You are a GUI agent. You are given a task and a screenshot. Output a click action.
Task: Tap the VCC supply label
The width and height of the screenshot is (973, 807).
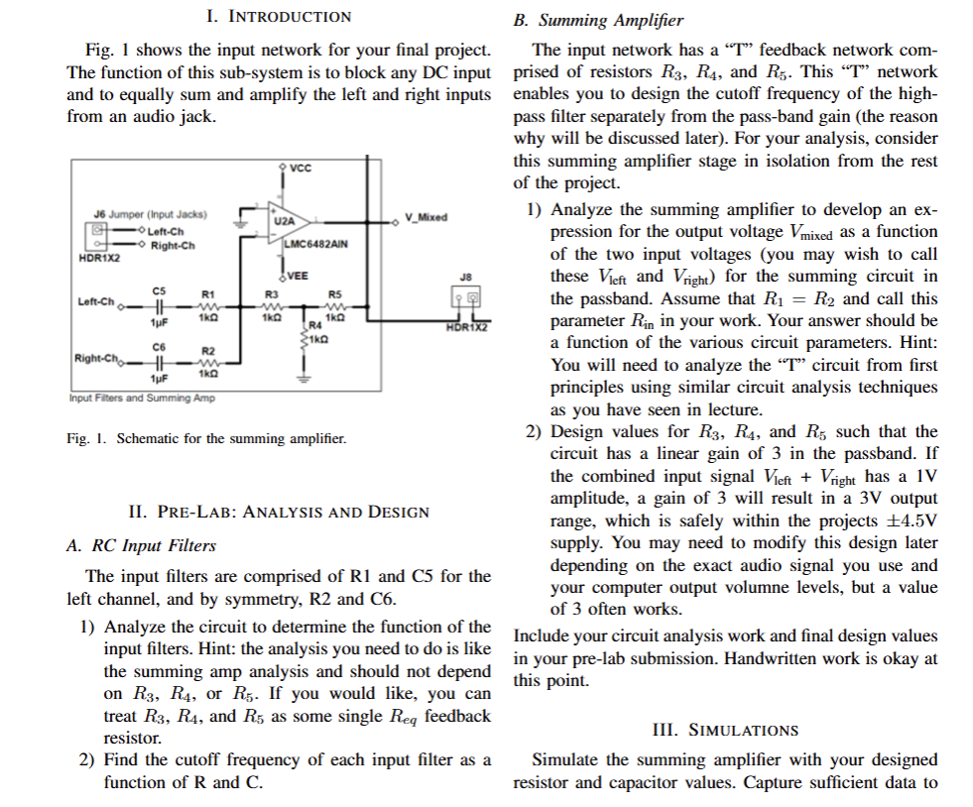(x=302, y=168)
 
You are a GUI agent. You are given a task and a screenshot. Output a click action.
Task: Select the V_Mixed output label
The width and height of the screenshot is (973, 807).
(x=426, y=217)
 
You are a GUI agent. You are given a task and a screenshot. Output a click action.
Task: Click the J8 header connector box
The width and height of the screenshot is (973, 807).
(x=465, y=297)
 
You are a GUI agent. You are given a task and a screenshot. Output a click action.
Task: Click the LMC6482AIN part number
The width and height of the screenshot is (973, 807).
(x=310, y=243)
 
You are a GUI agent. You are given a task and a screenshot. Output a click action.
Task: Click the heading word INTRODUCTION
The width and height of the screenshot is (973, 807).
(x=291, y=16)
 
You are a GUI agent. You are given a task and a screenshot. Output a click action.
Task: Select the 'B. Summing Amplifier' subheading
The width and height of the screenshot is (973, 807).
(x=598, y=20)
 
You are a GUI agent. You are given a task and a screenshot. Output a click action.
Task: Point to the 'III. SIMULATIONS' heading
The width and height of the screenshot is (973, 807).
(x=725, y=730)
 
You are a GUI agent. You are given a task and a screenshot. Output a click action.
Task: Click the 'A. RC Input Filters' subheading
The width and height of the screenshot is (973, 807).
(x=140, y=545)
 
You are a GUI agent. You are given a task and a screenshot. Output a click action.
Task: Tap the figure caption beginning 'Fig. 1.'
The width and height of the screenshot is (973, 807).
(x=207, y=437)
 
